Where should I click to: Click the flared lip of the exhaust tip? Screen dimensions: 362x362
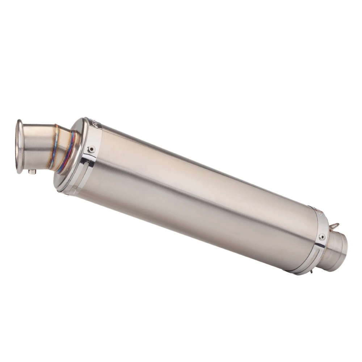point(19,148)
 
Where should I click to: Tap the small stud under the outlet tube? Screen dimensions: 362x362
point(33,172)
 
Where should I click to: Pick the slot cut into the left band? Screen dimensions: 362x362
point(86,167)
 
